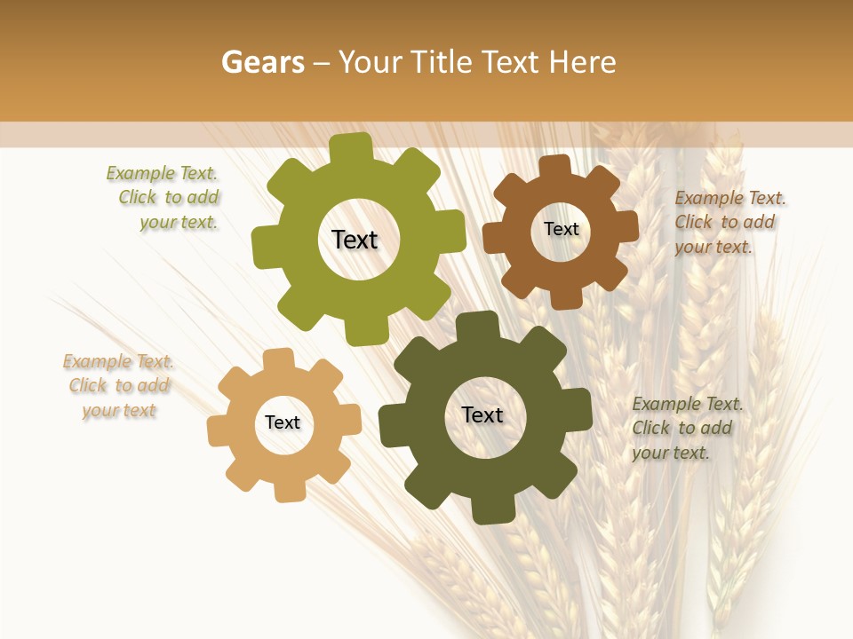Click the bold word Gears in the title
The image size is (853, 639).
263,62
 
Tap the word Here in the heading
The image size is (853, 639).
583,62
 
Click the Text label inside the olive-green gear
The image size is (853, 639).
355,240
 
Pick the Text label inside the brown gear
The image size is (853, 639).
561,229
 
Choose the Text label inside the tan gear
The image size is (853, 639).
283,422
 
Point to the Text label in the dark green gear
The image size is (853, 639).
482,414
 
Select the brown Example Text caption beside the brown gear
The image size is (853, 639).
729,222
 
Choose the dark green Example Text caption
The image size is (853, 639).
686,428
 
